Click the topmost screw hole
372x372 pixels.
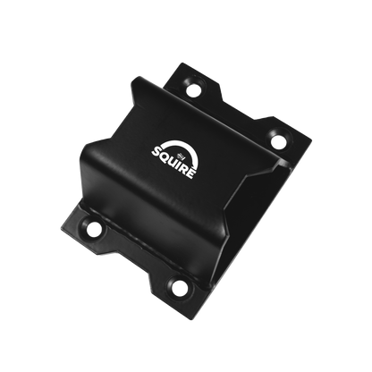coord(194,89)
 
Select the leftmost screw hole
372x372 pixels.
coord(94,229)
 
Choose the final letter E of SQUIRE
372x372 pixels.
coord(191,173)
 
